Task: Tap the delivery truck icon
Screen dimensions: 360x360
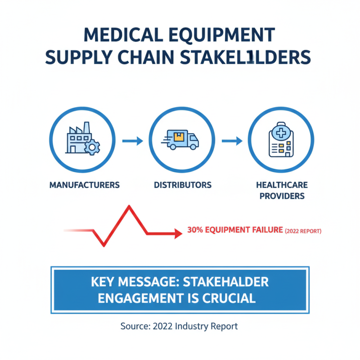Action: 180,139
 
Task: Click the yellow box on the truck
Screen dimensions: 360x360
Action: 179,136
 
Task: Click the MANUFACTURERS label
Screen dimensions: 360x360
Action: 85,185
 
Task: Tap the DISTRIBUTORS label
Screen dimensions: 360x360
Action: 182,185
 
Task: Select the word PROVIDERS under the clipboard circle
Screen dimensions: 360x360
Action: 281,196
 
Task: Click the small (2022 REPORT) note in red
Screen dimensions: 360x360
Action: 302,231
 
